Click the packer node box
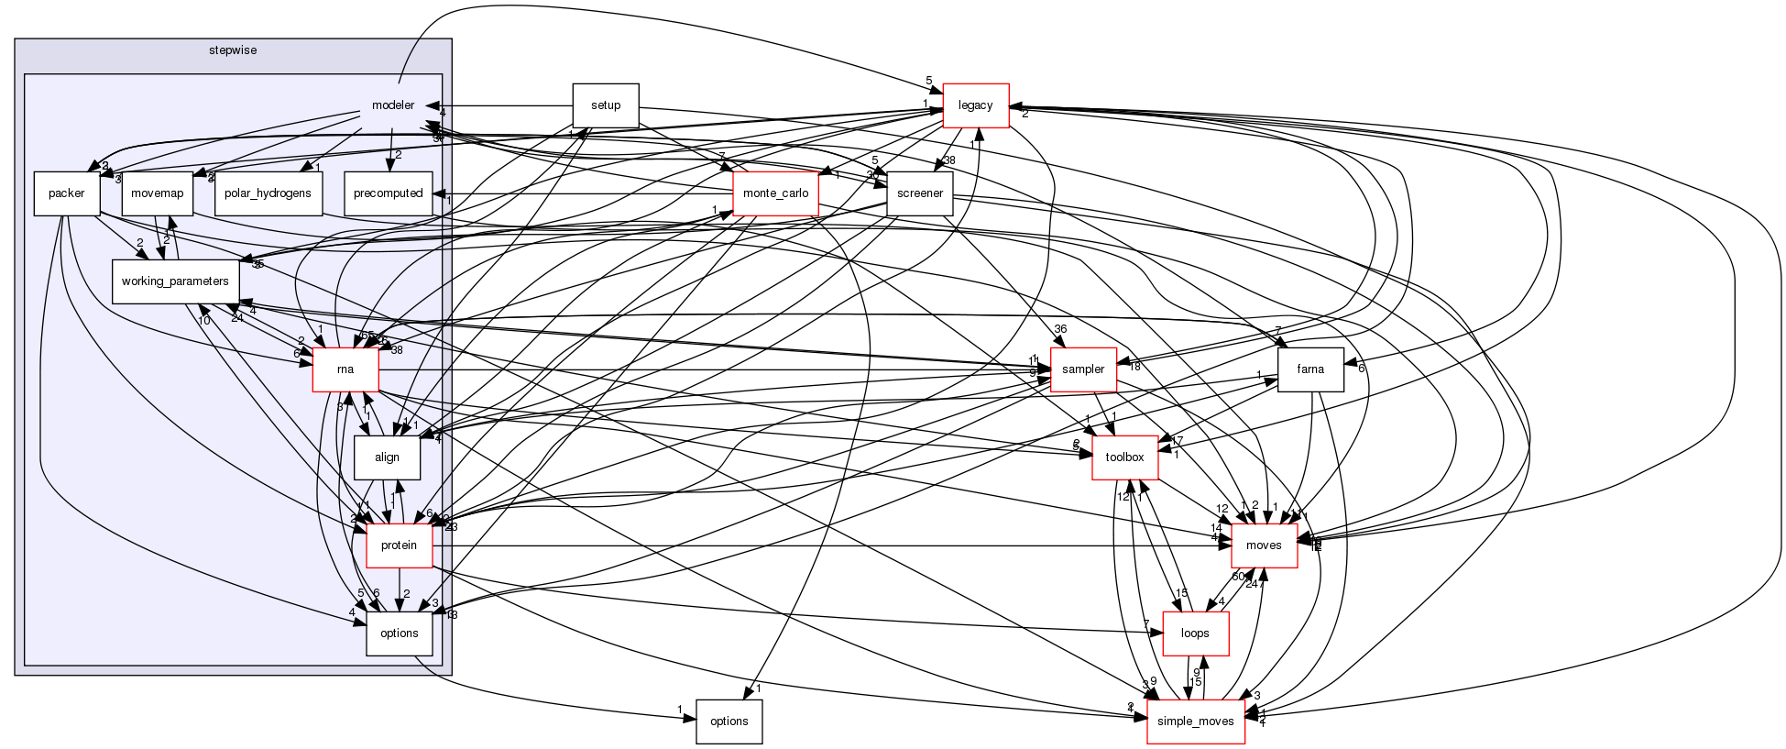(66, 193)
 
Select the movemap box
(157, 193)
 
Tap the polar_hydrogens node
(268, 193)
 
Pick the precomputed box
(388, 193)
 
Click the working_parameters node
(175, 281)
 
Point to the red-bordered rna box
(345, 369)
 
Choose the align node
(387, 457)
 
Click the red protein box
(399, 545)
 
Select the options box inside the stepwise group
(399, 633)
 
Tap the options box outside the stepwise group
(729, 721)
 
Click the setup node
(605, 105)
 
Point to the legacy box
(975, 105)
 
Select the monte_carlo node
(775, 193)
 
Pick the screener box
(919, 193)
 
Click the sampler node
(1082, 369)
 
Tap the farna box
(1310, 369)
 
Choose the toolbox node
(1124, 457)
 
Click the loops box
(1195, 633)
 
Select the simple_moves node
(1196, 721)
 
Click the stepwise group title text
(233, 50)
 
